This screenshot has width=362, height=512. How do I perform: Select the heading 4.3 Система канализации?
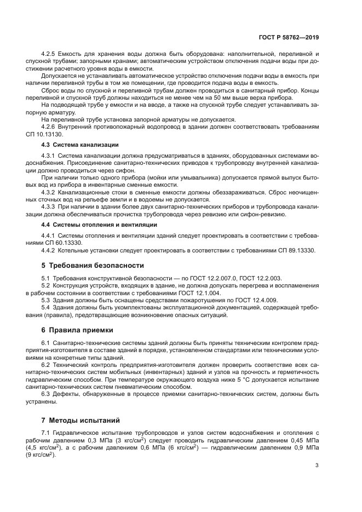[80, 145]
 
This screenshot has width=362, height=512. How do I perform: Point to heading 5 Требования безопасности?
[93, 265]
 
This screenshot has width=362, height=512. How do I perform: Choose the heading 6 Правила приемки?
[77, 330]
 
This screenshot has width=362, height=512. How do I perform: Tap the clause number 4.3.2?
[50, 192]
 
